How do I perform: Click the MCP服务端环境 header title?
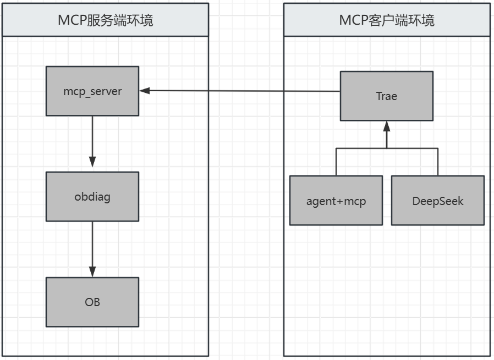coord(106,20)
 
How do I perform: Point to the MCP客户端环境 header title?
coord(387,20)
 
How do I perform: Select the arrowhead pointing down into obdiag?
coord(92,162)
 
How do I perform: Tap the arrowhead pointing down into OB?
coord(92,271)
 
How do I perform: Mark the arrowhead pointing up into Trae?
coord(386,127)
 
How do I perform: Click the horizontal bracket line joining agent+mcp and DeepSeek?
coord(413,148)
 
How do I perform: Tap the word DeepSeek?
coord(437,201)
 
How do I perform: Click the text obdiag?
coord(92,196)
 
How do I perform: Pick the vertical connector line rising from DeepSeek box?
coord(438,162)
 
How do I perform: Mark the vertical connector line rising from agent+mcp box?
coord(336,162)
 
